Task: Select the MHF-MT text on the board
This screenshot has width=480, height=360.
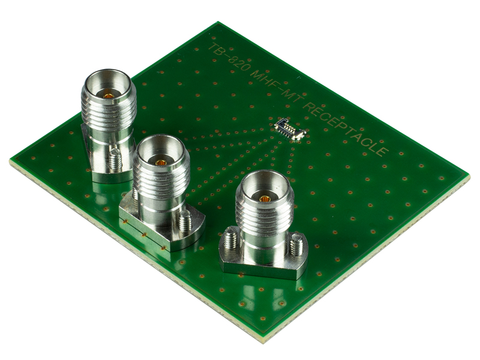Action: click(276, 87)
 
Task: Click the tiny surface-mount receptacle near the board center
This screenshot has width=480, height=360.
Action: click(290, 129)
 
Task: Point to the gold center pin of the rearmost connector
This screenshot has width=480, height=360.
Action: click(109, 95)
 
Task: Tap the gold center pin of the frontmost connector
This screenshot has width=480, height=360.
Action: click(265, 199)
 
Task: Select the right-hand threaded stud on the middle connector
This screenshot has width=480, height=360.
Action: click(185, 220)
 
